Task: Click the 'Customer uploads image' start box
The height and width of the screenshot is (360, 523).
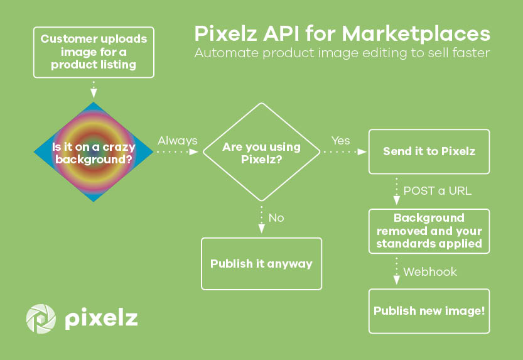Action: click(94, 52)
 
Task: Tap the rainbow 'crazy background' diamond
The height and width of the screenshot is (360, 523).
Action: click(94, 152)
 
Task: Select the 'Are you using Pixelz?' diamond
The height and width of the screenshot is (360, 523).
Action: click(262, 152)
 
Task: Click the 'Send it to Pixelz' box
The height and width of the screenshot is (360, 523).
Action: click(429, 151)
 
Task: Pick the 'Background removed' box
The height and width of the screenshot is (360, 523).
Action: click(429, 231)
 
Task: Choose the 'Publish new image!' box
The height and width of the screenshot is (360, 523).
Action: click(429, 311)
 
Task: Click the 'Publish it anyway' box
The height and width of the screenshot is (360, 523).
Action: click(261, 263)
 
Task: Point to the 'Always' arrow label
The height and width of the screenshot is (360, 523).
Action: click(177, 141)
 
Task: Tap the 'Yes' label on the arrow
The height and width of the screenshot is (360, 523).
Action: click(340, 141)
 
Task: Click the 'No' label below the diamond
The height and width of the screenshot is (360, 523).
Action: click(276, 218)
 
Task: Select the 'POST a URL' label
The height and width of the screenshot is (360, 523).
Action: click(437, 190)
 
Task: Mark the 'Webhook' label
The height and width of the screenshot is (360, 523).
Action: click(430, 272)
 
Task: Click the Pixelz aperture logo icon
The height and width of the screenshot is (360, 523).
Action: click(41, 319)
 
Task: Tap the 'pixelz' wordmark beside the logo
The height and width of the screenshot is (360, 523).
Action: click(101, 319)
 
